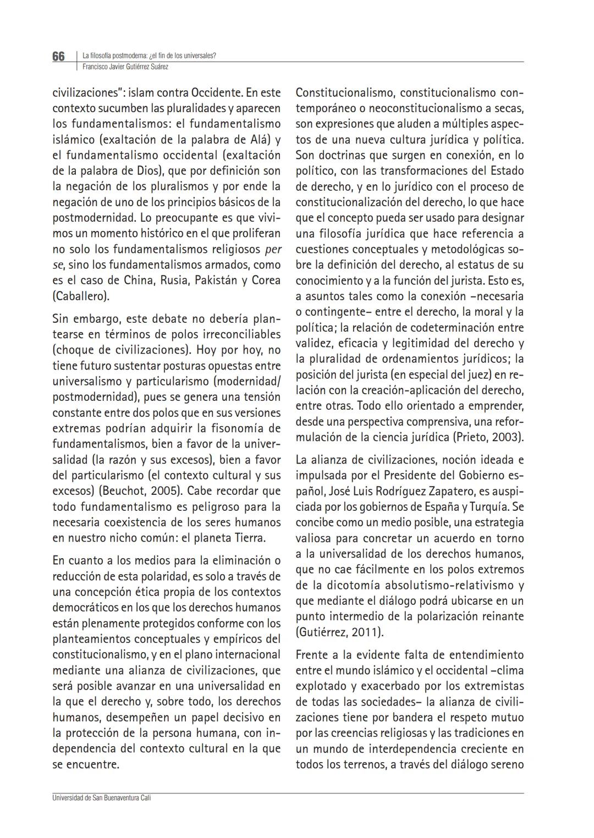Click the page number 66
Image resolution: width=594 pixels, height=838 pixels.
pos(58,57)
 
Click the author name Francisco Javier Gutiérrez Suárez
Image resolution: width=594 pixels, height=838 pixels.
pos(125,67)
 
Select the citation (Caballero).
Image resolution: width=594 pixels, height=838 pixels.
pos(80,296)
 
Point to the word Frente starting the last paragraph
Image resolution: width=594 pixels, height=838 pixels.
pos(311,655)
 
